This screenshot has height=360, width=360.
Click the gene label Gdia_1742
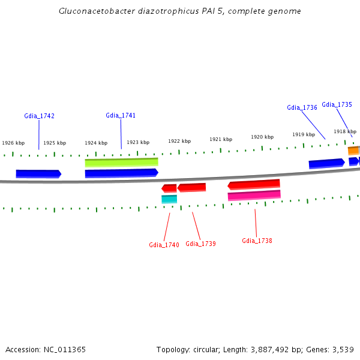39,116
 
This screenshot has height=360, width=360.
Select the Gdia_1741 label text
121,115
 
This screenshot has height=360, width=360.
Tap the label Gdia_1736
302,107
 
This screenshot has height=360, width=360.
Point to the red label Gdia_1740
164,245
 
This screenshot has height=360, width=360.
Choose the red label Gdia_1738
257,241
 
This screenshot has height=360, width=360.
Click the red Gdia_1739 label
200,244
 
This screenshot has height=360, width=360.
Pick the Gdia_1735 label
337,104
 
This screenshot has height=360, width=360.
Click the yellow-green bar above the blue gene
121,162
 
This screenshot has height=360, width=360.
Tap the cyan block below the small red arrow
169,199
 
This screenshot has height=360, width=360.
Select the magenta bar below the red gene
254,196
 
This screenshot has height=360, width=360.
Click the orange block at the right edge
354,150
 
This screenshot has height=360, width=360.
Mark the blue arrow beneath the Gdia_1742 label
38,174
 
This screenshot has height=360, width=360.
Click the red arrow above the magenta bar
254,184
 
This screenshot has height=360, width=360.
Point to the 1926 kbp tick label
13,143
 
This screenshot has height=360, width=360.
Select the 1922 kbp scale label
179,141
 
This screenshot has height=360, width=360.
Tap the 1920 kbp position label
262,137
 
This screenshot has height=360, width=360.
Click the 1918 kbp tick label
345,131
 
